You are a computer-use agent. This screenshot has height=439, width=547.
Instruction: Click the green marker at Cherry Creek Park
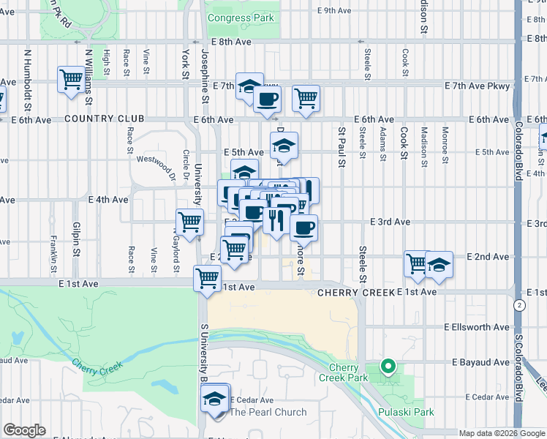point(388,366)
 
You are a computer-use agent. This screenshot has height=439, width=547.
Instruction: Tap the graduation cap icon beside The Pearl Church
point(215,399)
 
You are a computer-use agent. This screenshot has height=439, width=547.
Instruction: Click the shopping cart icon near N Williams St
point(72,78)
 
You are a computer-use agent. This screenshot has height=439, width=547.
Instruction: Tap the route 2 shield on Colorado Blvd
point(519,304)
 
